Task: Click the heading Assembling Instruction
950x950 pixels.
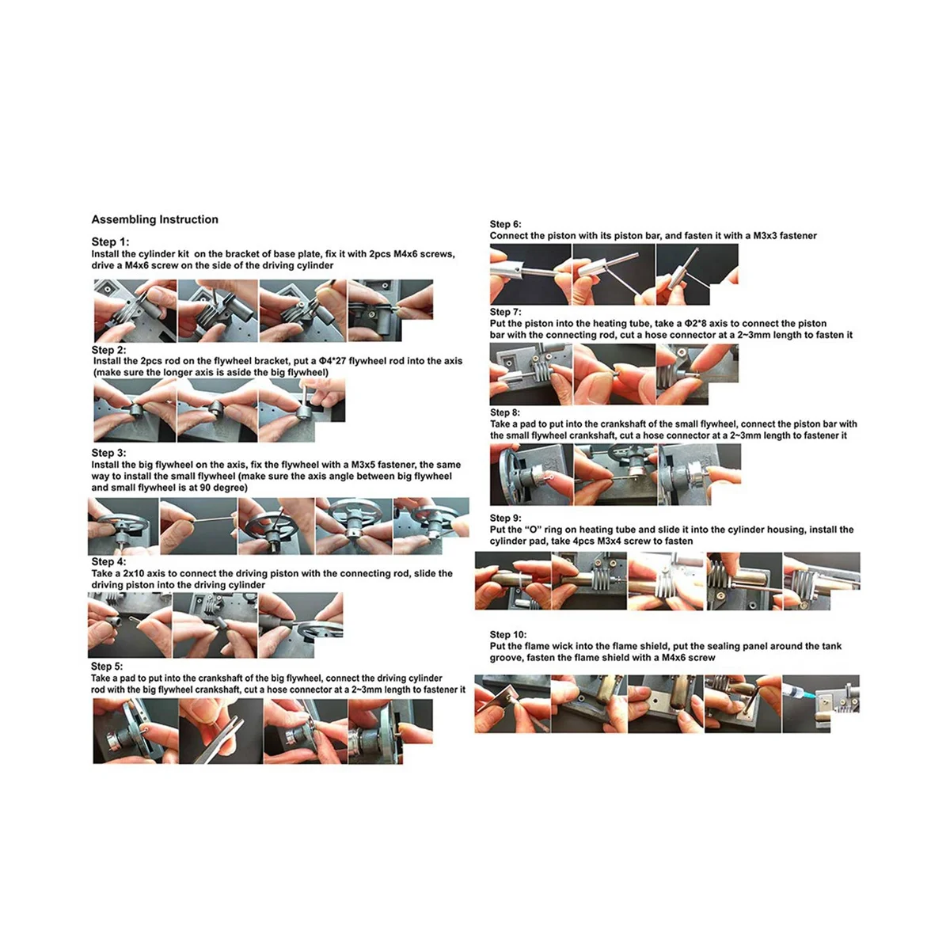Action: pyautogui.click(x=155, y=219)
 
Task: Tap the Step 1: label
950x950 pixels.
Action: pyautogui.click(x=110, y=241)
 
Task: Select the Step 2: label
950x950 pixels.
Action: pyautogui.click(x=108, y=350)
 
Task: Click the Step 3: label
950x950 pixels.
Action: pyautogui.click(x=108, y=453)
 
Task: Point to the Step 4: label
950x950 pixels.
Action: pyautogui.click(x=108, y=561)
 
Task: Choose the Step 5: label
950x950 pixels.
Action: pyautogui.click(x=107, y=667)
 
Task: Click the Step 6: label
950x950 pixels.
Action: pyautogui.click(x=505, y=224)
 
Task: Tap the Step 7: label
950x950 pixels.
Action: pyautogui.click(x=505, y=312)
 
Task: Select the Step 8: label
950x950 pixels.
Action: pyautogui.click(x=505, y=412)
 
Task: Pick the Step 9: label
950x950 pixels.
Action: pyautogui.click(x=505, y=518)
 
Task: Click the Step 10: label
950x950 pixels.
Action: pyautogui.click(x=507, y=634)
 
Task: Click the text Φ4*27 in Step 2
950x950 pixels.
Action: pyautogui.click(x=332, y=361)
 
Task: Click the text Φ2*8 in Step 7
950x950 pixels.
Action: pyautogui.click(x=696, y=324)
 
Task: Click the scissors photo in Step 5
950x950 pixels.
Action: pyautogui.click(x=221, y=731)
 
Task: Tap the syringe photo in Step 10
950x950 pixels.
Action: pyautogui.click(x=821, y=704)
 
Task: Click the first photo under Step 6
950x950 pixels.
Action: pyautogui.click(x=530, y=274)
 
